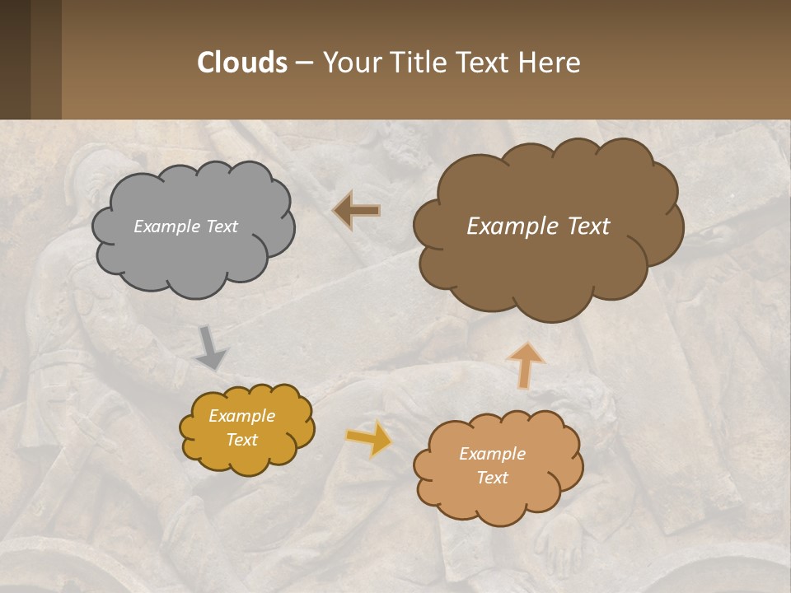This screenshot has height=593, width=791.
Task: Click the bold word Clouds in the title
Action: click(241, 62)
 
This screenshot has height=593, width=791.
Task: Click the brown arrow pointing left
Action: click(356, 211)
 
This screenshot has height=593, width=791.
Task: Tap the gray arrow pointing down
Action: click(211, 347)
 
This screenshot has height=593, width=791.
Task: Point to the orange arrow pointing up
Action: click(525, 365)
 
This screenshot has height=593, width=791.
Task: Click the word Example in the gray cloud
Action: click(167, 226)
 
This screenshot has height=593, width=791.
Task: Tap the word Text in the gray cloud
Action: click(222, 226)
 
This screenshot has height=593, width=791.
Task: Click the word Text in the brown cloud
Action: click(588, 226)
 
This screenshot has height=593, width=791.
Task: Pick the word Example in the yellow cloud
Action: click(241, 416)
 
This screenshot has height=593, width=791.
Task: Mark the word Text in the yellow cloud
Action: click(241, 440)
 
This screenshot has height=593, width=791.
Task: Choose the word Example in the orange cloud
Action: click(492, 454)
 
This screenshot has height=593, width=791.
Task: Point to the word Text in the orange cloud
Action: click(492, 478)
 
